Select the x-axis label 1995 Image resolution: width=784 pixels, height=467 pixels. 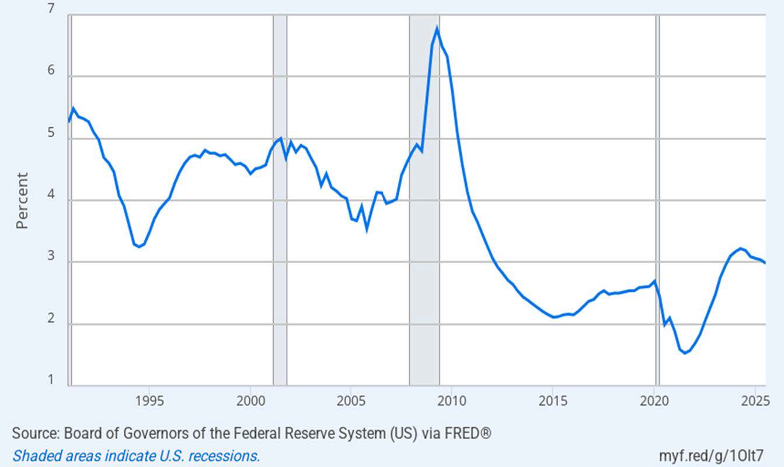tap(149, 402)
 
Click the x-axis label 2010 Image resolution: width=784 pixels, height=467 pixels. tap(452, 402)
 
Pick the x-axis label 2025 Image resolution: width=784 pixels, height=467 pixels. tap(756, 402)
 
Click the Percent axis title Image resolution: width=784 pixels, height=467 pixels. tap(22, 200)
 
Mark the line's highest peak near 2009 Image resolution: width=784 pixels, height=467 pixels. tap(437, 29)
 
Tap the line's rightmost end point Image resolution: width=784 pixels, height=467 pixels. tap(765, 263)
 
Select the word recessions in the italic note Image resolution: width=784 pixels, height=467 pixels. tap(229, 455)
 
